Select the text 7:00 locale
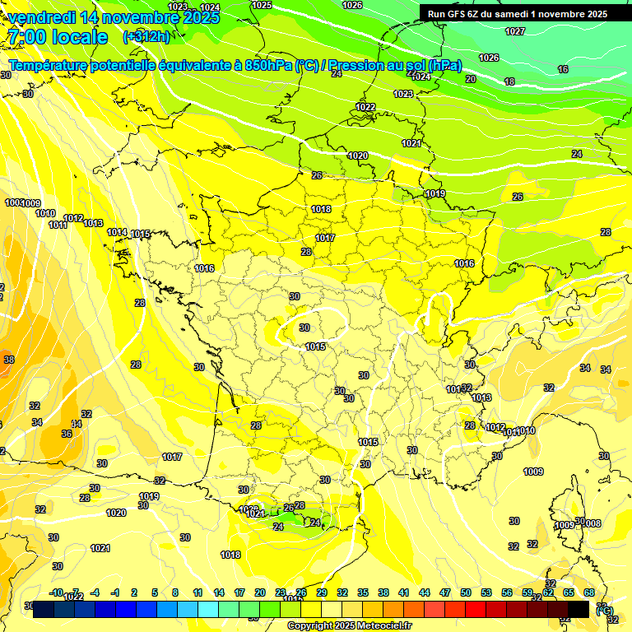tap(58, 37)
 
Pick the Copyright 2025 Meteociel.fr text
tap(349, 625)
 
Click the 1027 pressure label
tap(515, 31)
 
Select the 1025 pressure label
tap(262, 5)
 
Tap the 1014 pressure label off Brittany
tap(117, 233)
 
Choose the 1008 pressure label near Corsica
tap(592, 523)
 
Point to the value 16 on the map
tap(563, 70)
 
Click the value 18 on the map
tap(509, 81)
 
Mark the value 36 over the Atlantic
tap(67, 433)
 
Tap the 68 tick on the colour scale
tap(589, 592)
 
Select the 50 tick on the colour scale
tap(466, 592)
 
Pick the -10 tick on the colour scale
tap(57, 592)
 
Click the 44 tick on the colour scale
tap(425, 592)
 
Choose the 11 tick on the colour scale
tap(198, 592)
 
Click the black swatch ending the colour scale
tap(579, 609)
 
